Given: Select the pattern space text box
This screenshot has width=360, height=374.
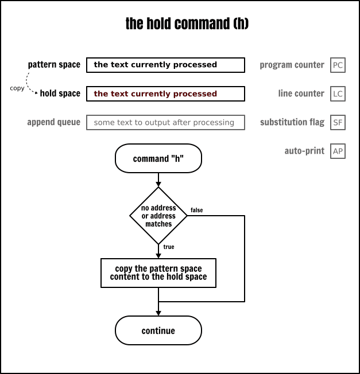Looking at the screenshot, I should point(165,65).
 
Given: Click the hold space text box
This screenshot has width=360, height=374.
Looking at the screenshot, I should point(165,93).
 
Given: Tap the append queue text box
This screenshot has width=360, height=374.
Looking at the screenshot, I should point(165,122).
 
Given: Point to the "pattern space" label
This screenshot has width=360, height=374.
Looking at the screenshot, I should point(54,65).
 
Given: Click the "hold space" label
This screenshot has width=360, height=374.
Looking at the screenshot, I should point(60,93).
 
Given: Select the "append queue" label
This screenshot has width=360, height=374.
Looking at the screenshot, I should point(53,122).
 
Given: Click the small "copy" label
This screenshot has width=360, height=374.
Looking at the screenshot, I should point(17,88).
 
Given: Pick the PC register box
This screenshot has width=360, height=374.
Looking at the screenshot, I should point(338,65).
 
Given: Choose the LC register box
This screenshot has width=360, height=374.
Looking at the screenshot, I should point(338,93).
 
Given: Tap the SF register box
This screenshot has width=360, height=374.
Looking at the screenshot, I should point(338,122).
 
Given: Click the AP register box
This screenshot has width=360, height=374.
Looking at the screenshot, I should point(338,151).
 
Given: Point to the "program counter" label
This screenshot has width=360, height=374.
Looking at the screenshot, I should point(292,65).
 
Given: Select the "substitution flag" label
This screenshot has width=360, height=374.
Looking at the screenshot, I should point(292,122).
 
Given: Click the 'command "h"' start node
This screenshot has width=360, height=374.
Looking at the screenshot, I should point(158,158).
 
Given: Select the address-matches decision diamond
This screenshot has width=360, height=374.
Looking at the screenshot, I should point(158,216).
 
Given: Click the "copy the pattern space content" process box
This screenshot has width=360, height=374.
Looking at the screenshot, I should point(158,272).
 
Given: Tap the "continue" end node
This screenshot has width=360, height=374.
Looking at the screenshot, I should point(158,330).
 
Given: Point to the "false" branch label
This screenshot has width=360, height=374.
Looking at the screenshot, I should point(196,211).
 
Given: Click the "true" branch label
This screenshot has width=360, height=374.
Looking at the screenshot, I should point(169,247).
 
